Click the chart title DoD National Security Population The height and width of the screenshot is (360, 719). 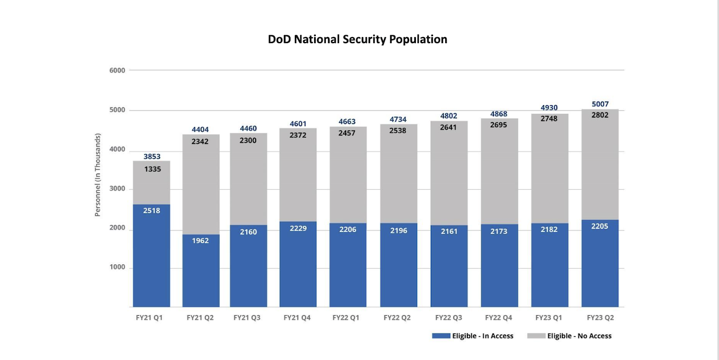pyautogui.click(x=357, y=39)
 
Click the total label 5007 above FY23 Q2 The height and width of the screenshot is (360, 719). pyautogui.click(x=600, y=104)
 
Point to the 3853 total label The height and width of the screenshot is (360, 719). pyautogui.click(x=152, y=156)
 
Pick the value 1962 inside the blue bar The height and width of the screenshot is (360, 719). pyautogui.click(x=201, y=241)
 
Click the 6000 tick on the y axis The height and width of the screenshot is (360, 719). pyautogui.click(x=117, y=70)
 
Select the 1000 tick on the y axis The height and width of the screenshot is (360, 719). pyautogui.click(x=117, y=268)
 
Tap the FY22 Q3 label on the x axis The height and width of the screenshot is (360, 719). pyautogui.click(x=449, y=318)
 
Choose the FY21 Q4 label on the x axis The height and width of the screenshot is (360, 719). pyautogui.click(x=298, y=318)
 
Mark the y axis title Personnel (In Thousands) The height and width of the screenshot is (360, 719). pyautogui.click(x=98, y=175)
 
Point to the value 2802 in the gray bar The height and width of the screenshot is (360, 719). pyautogui.click(x=600, y=115)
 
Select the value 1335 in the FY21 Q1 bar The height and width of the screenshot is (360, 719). pyautogui.click(x=152, y=169)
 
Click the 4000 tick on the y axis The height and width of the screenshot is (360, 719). pyautogui.click(x=117, y=150)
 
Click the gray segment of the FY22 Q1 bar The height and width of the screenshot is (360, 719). pyautogui.click(x=348, y=177)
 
